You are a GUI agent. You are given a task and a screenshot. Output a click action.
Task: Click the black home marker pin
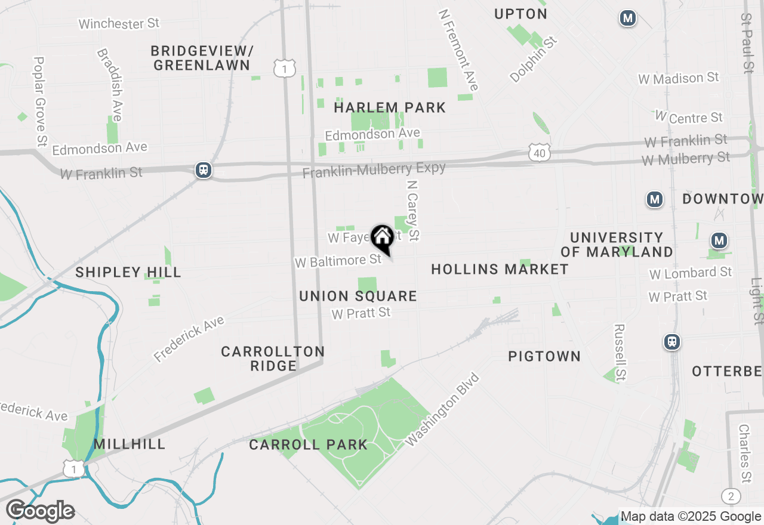pyautogui.click(x=382, y=239)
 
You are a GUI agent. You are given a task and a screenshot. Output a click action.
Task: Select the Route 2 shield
pyautogui.click(x=731, y=496)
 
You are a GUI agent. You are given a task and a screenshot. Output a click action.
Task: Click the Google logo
pyautogui.click(x=40, y=511)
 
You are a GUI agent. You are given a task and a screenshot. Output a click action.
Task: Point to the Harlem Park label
pyautogui.click(x=390, y=107)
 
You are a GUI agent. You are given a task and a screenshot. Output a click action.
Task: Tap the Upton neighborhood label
pyautogui.click(x=520, y=14)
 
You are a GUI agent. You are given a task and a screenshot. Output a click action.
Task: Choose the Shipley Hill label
pyautogui.click(x=128, y=273)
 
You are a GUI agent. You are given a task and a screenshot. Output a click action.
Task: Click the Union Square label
pyautogui.click(x=358, y=296)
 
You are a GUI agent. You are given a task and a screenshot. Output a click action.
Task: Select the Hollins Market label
pyautogui.click(x=500, y=269)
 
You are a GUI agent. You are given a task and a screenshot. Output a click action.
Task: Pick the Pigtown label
pyautogui.click(x=544, y=356)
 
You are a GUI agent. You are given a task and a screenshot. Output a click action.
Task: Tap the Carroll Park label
pyautogui.click(x=309, y=444)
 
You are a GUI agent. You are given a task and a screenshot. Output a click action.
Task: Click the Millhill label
pyautogui.click(x=130, y=444)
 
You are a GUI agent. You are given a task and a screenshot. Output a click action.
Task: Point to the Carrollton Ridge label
pyautogui.click(x=273, y=358)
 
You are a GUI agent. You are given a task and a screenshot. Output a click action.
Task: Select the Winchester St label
pyautogui.click(x=119, y=24)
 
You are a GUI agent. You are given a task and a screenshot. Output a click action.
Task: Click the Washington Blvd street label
pyautogui.click(x=442, y=409)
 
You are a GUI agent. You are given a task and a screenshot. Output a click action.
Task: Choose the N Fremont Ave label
pyautogui.click(x=458, y=50)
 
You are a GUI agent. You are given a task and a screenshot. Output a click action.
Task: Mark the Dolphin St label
pyautogui.click(x=534, y=59)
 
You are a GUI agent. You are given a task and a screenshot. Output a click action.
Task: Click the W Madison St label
pyautogui.click(x=679, y=78)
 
